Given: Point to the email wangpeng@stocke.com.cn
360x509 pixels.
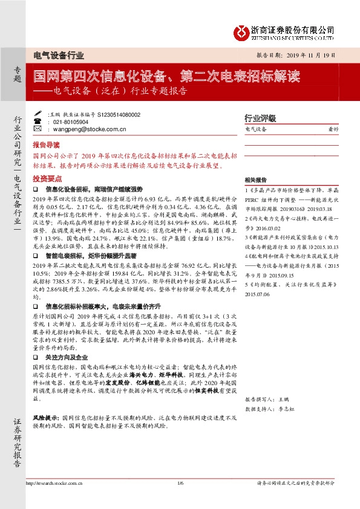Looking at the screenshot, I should [x=89, y=129].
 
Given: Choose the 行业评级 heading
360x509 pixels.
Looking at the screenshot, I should [x=260, y=118].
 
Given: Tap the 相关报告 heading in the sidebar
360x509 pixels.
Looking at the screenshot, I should [x=256, y=180].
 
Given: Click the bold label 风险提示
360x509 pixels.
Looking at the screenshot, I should [x=45, y=418].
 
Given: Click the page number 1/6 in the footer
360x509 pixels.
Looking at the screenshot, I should [x=180, y=484].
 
